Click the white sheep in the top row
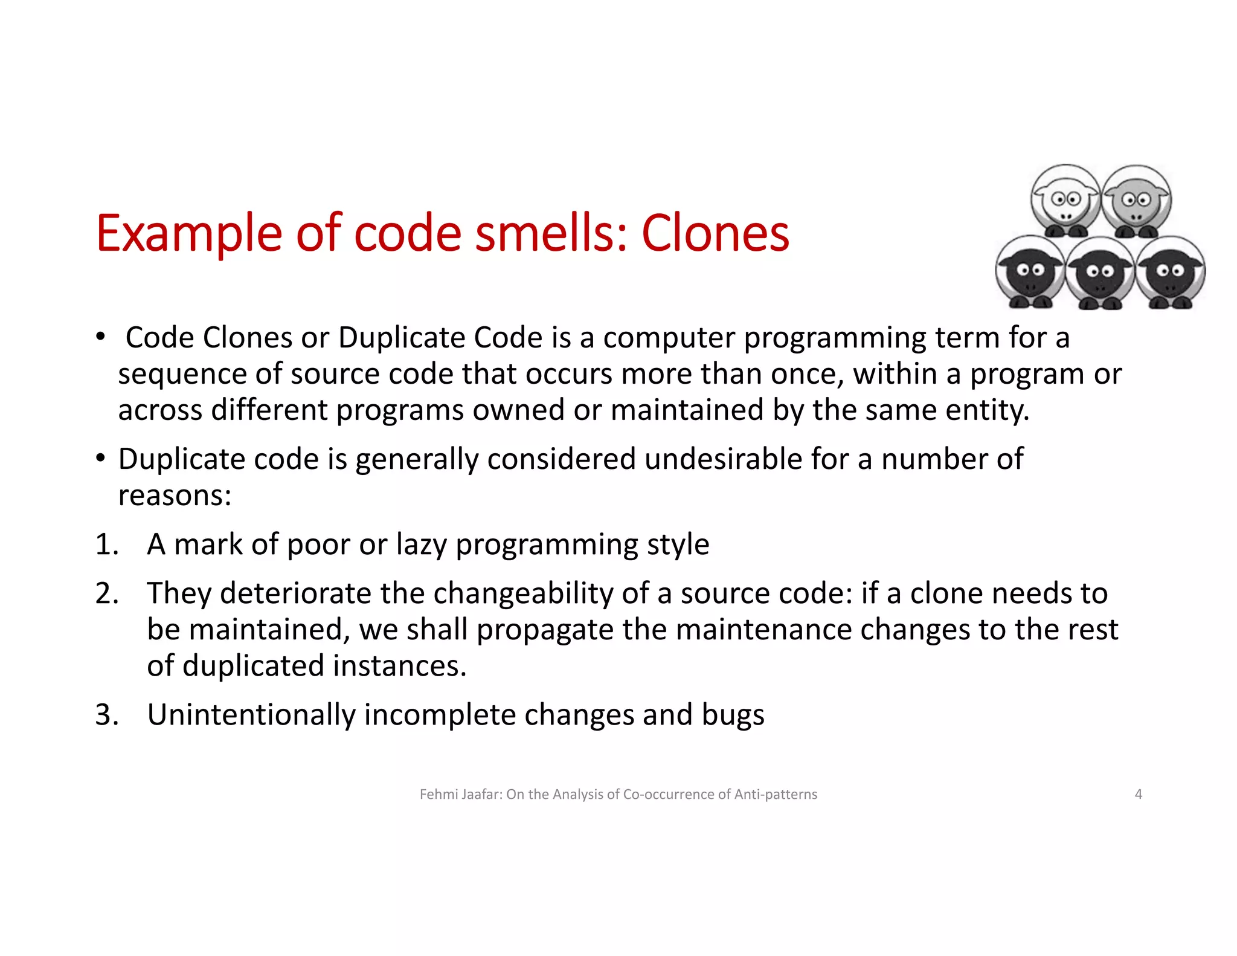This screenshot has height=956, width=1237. click(1065, 201)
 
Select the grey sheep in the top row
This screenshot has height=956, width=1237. click(1136, 201)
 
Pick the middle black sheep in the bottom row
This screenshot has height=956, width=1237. click(1099, 273)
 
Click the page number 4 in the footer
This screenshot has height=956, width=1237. click(1138, 794)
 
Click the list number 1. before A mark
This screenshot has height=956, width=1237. click(107, 544)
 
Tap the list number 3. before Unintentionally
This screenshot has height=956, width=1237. click(107, 715)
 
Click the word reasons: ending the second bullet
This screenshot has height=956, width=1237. click(175, 496)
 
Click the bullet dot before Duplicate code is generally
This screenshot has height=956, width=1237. click(101, 458)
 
